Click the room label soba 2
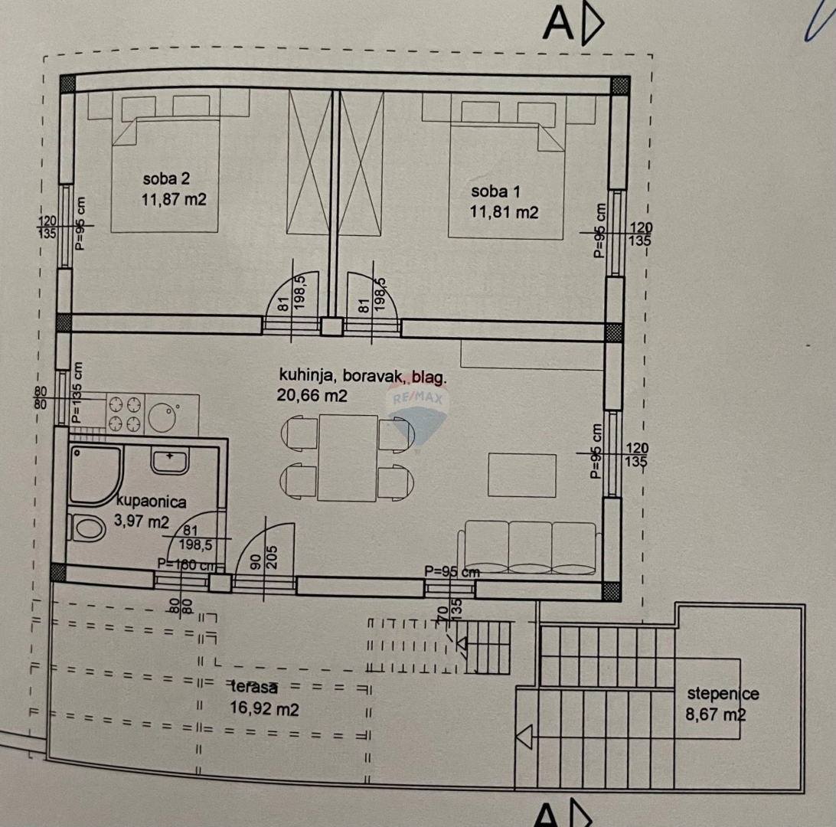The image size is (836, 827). [166, 179]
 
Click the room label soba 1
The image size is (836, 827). [494, 191]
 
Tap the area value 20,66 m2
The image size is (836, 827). [313, 395]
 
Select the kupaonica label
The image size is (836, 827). [152, 502]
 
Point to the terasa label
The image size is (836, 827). [253, 688]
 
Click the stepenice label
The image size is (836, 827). [723, 694]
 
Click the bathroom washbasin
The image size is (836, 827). [169, 461]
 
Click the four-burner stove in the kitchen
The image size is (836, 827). [125, 413]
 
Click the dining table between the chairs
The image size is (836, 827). [348, 457]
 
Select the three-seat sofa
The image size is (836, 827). [529, 546]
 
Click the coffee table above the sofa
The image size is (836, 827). [522, 475]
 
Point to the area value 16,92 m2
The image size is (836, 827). [264, 709]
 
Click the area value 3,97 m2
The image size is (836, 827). [142, 522]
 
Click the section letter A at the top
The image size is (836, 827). [558, 25]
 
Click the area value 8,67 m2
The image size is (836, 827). [716, 715]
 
